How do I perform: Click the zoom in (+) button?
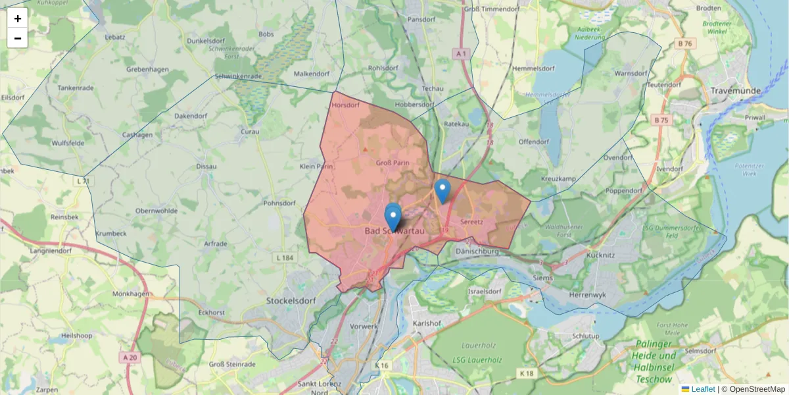(x=18, y=18)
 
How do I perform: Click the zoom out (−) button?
(x=18, y=38)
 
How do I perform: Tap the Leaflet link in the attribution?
(x=703, y=389)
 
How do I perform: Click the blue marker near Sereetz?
(x=442, y=190)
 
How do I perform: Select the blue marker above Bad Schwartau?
(x=393, y=215)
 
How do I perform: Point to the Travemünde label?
(x=736, y=90)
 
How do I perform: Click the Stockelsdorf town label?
(x=291, y=300)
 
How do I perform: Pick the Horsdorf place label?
(x=346, y=105)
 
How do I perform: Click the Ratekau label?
(x=456, y=124)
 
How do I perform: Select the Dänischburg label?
(x=478, y=251)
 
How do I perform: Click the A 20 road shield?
(x=130, y=357)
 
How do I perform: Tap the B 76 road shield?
(x=684, y=44)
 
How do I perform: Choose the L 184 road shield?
(x=285, y=257)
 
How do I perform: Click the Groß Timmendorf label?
(x=492, y=9)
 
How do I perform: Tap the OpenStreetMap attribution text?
(x=753, y=389)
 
